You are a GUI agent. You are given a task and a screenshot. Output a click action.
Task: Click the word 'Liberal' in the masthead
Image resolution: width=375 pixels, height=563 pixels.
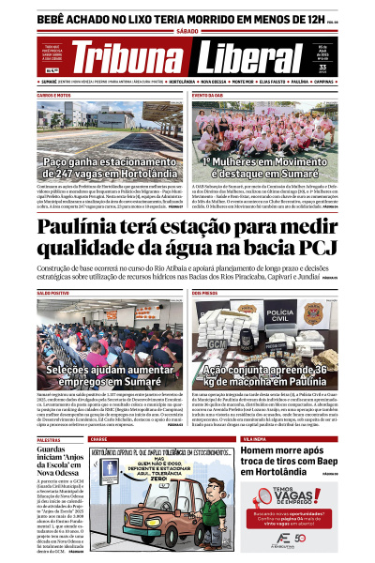pos(257,58)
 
